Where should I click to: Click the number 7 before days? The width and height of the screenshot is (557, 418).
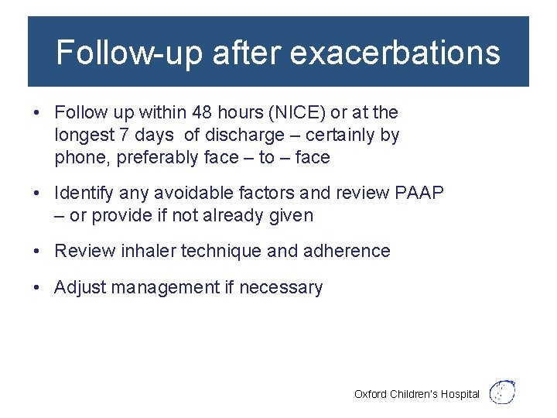(124, 135)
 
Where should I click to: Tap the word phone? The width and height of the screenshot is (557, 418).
(80, 158)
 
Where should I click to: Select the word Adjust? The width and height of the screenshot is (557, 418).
(80, 287)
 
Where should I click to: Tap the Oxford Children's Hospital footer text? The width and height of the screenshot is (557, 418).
(417, 394)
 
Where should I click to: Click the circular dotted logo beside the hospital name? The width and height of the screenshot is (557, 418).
(504, 392)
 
